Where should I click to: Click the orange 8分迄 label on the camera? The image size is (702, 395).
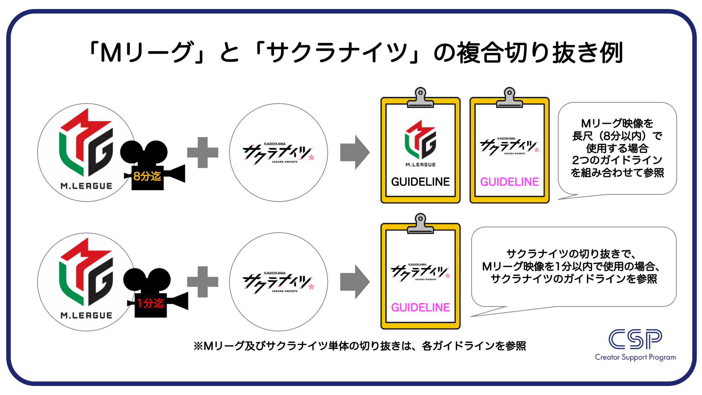[x=147, y=176]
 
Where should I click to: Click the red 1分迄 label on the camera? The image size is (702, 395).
[x=150, y=303]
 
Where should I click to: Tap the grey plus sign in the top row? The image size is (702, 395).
[x=203, y=152]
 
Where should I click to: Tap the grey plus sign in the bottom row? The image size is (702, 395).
[x=203, y=282]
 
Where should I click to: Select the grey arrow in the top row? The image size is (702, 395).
[x=354, y=152]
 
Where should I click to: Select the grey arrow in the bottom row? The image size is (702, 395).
[x=354, y=282]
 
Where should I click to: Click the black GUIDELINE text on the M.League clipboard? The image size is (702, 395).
[x=420, y=182]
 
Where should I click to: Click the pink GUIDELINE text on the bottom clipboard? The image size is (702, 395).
[x=420, y=308]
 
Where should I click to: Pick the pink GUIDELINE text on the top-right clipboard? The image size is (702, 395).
[x=509, y=182]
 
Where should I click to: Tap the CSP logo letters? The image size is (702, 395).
[x=635, y=339]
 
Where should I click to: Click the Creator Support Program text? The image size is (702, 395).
[x=635, y=357]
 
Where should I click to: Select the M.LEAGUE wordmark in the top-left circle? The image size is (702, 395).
[x=86, y=186]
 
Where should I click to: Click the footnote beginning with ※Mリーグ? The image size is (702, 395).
[x=360, y=346]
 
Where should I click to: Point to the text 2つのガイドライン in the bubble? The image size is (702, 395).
[x=617, y=160]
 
